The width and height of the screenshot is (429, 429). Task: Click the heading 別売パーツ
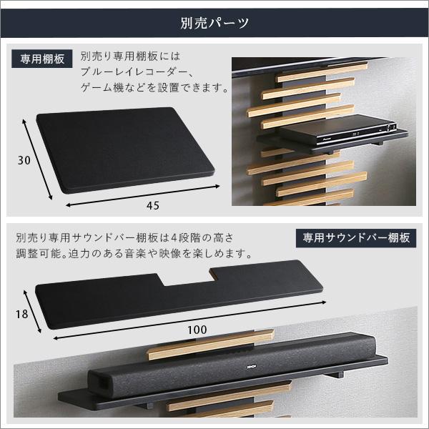(x=214, y=22)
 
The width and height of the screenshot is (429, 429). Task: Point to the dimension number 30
(x=23, y=161)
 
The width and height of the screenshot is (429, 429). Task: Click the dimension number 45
(x=152, y=206)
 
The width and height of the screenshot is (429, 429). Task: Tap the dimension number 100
(x=197, y=330)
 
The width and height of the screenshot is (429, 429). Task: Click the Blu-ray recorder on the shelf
(x=340, y=133)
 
